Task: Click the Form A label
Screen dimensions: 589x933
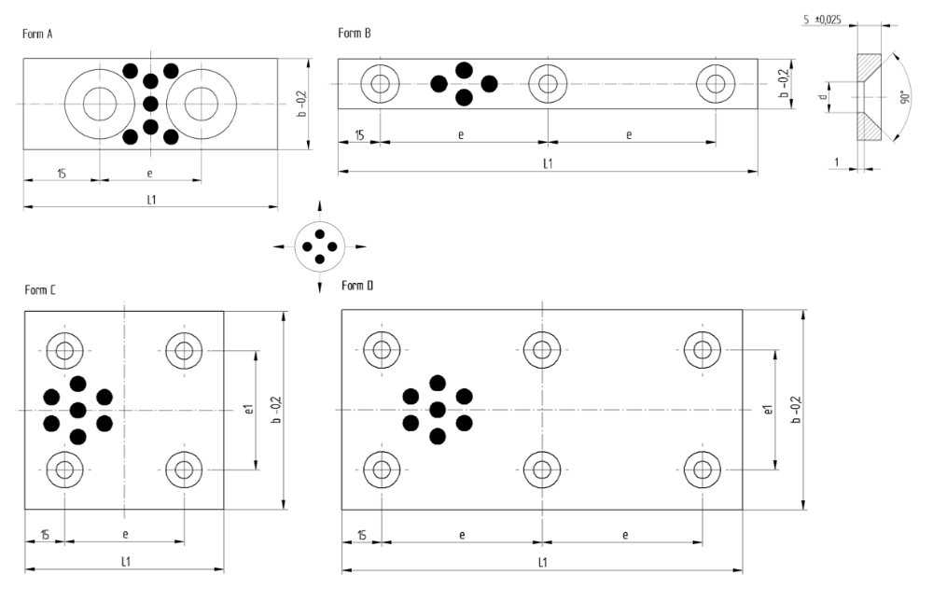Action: [39, 35]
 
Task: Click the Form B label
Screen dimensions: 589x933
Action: [355, 35]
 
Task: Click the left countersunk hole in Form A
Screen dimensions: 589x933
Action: [99, 104]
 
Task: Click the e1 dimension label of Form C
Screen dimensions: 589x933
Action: [246, 410]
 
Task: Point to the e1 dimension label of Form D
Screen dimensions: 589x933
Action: [766, 410]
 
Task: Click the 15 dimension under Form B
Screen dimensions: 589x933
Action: [359, 135]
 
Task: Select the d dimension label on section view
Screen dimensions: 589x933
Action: [823, 96]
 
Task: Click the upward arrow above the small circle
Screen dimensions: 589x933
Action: [320, 204]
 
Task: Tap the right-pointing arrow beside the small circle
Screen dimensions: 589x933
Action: [361, 247]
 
